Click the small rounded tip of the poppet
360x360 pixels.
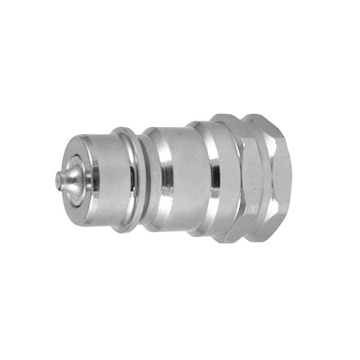[x=58, y=179]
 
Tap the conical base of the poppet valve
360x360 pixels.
[x=72, y=181]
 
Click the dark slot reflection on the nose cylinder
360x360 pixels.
[x=132, y=181]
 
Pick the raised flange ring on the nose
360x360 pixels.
[x=125, y=180]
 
